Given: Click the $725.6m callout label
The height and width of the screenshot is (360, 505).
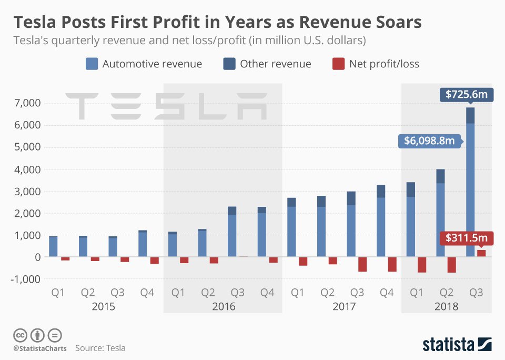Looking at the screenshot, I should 466,95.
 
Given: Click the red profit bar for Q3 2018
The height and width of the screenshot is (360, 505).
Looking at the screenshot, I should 481,253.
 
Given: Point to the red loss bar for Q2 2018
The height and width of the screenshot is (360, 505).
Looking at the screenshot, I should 451,265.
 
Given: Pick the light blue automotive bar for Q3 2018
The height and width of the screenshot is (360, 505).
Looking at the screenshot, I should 470,189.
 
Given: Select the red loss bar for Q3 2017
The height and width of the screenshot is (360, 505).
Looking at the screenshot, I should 362,264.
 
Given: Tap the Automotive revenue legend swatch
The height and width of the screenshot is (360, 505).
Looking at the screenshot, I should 92,64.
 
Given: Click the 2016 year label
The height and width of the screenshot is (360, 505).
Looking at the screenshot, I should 224,306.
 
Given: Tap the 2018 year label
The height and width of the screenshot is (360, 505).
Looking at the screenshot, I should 447,306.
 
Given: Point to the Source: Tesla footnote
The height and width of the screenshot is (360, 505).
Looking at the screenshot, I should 100,348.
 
